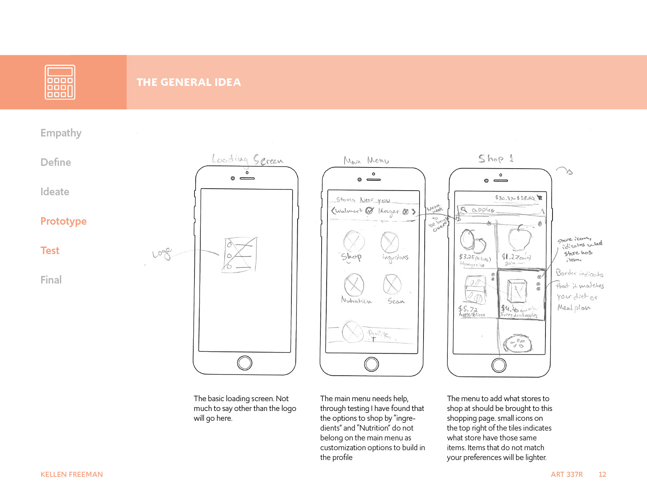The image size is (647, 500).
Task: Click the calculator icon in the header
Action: click(x=60, y=82)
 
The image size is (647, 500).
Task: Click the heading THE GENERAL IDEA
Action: click(x=189, y=82)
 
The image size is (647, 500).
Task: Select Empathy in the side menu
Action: click(x=61, y=133)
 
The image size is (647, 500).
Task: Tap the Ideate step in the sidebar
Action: click(x=55, y=192)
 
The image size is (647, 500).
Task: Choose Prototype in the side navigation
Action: click(x=64, y=221)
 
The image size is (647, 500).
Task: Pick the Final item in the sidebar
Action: click(x=51, y=280)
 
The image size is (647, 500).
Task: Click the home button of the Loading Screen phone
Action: click(x=245, y=363)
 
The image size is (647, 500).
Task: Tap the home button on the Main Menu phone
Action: click(x=371, y=364)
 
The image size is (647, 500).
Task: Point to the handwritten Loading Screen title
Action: click(x=247, y=159)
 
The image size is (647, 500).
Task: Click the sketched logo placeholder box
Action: click(x=240, y=255)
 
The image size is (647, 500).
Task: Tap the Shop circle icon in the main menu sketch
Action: click(x=354, y=241)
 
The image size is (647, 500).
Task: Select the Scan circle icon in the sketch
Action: click(x=392, y=284)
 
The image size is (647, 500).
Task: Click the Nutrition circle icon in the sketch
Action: click(x=354, y=285)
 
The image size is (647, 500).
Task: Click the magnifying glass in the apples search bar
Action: click(x=463, y=210)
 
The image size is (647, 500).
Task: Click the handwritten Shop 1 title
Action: click(x=495, y=158)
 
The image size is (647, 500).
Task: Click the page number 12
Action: click(x=602, y=475)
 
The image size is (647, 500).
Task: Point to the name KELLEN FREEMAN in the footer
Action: click(x=72, y=475)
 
